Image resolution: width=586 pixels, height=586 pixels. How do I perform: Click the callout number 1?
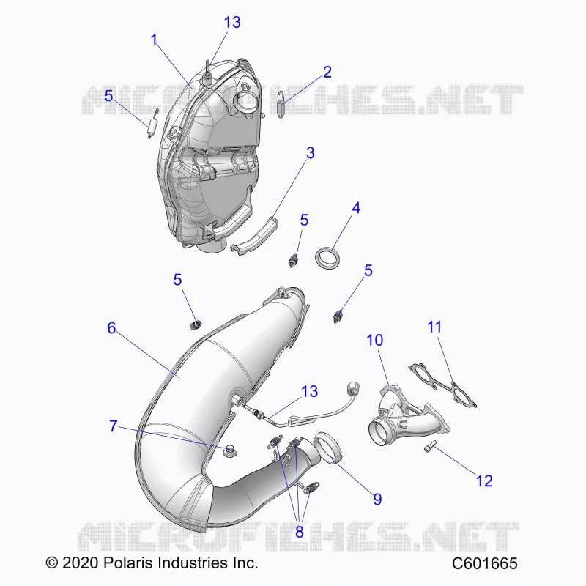[154, 40]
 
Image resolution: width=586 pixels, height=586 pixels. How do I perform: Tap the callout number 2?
[327, 72]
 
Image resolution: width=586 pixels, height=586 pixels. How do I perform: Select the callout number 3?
[310, 153]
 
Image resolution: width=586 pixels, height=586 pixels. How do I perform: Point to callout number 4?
[356, 208]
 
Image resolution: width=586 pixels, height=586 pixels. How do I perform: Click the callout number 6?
[111, 328]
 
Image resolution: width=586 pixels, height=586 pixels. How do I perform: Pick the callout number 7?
[114, 426]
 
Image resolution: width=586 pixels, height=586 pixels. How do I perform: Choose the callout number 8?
[299, 532]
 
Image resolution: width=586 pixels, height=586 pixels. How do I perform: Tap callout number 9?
[377, 499]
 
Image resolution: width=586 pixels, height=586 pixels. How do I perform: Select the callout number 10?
[375, 340]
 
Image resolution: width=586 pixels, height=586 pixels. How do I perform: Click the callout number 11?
[434, 327]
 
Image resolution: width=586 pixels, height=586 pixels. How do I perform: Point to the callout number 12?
[484, 481]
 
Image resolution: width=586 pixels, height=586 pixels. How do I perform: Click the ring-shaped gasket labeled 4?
[328, 258]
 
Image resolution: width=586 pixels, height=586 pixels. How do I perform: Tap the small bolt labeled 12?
[431, 446]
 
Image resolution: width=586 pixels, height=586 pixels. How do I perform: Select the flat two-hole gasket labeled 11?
[443, 386]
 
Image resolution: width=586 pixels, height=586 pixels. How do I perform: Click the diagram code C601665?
[485, 563]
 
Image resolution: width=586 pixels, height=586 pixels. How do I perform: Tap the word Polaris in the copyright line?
[127, 563]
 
